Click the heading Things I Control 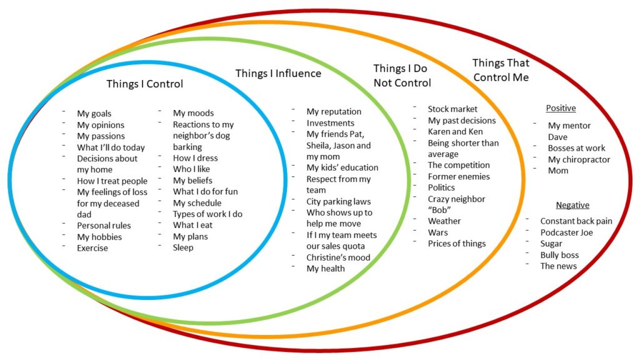pyautogui.click(x=144, y=84)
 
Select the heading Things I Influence pyautogui.click(x=278, y=73)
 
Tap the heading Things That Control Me pyautogui.click(x=501, y=70)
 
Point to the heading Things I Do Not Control pyautogui.click(x=402, y=76)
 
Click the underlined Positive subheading pyautogui.click(x=561, y=108)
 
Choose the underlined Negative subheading pyautogui.click(x=572, y=205)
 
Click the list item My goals pyautogui.click(x=94, y=113)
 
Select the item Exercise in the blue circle pyautogui.click(x=92, y=248)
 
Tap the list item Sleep pyautogui.click(x=183, y=247)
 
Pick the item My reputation pyautogui.click(x=334, y=111)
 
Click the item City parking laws pyautogui.click(x=338, y=201)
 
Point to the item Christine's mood pyautogui.click(x=338, y=257)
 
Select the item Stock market pyautogui.click(x=452, y=109)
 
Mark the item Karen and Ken pyautogui.click(x=455, y=131)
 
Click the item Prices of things pyautogui.click(x=456, y=243)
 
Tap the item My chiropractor pyautogui.click(x=579, y=159)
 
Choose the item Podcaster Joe pyautogui.click(x=566, y=232)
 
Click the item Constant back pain pyautogui.click(x=576, y=221)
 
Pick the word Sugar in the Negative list pyautogui.click(x=551, y=244)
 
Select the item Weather pyautogui.click(x=444, y=221)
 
